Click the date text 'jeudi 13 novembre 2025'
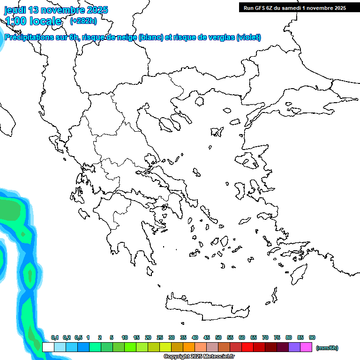click(x=56, y=10)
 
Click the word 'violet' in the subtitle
click(x=248, y=37)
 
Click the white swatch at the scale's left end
click(x=48, y=347)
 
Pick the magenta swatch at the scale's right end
click(x=306, y=347)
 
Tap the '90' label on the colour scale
click(x=312, y=337)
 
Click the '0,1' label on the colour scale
click(x=55, y=337)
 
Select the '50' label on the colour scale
click(x=218, y=337)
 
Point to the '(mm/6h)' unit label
click(x=327, y=348)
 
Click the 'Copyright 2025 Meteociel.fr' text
click(x=199, y=357)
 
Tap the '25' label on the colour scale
click(x=160, y=337)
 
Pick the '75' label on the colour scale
click(x=277, y=337)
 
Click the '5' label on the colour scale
click(x=112, y=337)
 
